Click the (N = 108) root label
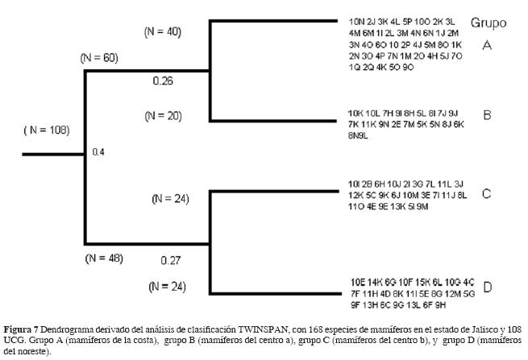(46, 130)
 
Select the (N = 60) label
(99, 59)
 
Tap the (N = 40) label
(163, 32)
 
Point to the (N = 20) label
(163, 115)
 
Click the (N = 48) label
(103, 258)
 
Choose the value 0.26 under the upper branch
(163, 81)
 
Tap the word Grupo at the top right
(489, 23)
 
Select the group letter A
(487, 46)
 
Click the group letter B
(487, 115)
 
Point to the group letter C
(487, 193)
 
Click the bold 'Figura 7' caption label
(24, 330)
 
